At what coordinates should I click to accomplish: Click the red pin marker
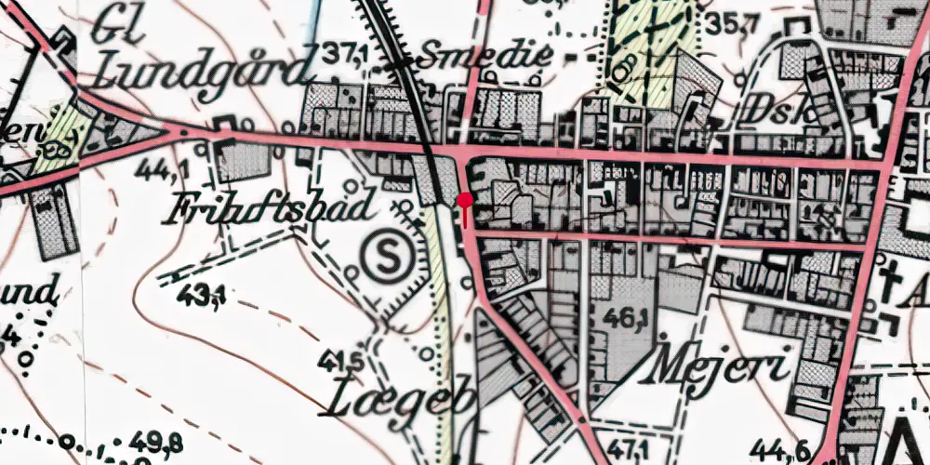coord(465,201)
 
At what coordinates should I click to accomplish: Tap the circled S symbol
coord(384,257)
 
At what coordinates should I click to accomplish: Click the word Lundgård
coord(202,70)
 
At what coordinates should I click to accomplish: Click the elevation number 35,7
coord(727,23)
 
